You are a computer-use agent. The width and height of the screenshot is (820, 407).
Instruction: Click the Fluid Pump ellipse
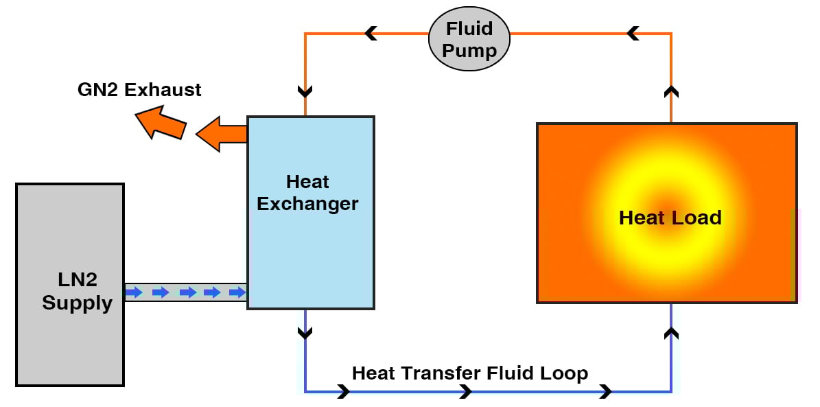click(469, 40)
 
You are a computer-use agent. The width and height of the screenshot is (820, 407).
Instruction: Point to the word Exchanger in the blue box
click(307, 204)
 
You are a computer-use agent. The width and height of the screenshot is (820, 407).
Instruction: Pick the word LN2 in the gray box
click(78, 279)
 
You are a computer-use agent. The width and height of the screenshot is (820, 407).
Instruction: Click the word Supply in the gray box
click(77, 303)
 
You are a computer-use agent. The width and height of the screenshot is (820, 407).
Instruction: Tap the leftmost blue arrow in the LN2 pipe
click(134, 292)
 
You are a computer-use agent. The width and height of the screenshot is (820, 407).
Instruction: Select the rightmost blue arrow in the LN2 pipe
click(237, 292)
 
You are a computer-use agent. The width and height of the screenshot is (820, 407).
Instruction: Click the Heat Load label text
click(670, 218)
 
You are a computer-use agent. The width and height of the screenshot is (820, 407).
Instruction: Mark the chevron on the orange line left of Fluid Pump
click(371, 33)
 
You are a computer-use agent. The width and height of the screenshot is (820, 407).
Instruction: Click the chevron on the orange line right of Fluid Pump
click(633, 33)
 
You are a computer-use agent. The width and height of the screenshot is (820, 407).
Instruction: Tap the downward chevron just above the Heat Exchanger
click(305, 91)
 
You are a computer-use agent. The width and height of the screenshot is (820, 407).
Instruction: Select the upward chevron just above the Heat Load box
click(671, 91)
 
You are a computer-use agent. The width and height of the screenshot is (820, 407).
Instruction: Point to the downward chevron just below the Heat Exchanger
click(305, 333)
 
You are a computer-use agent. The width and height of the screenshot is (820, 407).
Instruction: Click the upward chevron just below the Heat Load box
click(671, 334)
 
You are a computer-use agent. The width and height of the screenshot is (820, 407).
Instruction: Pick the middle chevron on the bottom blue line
click(466, 392)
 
